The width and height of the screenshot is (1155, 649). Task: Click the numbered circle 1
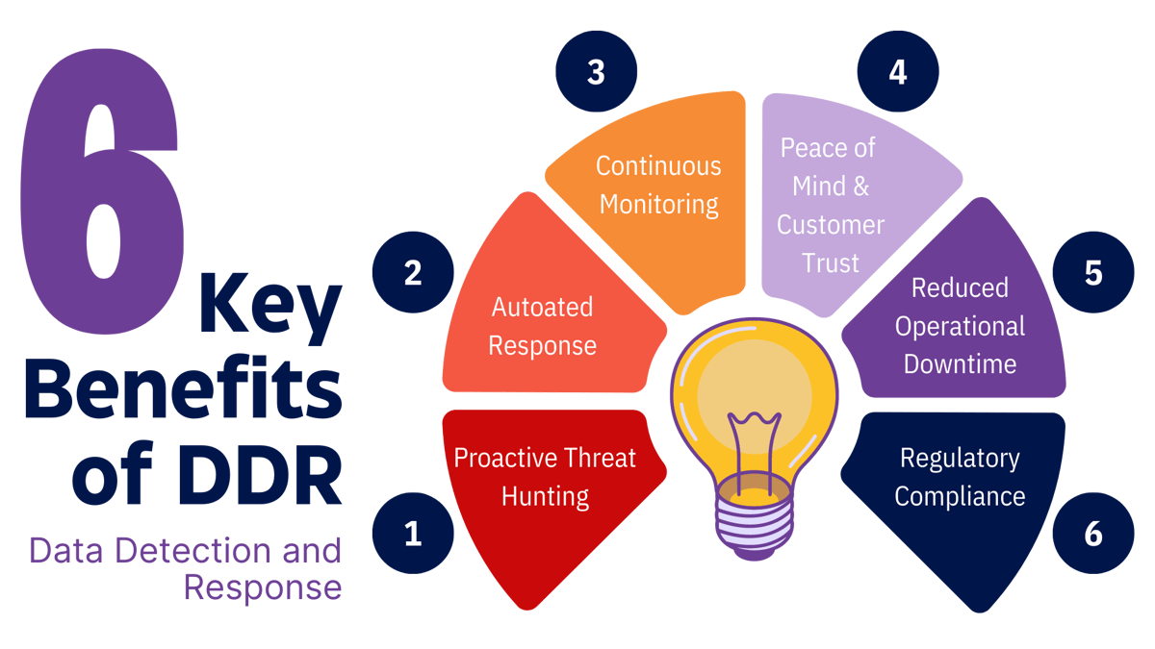click(413, 533)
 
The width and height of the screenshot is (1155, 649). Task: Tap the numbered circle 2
click(413, 273)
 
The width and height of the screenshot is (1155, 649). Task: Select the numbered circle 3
click(596, 72)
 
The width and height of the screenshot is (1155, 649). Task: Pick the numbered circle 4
click(897, 72)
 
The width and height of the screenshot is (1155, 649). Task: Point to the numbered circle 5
click(1092, 273)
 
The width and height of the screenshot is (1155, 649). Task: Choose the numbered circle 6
click(1092, 533)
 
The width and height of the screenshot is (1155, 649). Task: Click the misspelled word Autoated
click(542, 308)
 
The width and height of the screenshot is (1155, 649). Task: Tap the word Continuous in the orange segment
click(658, 165)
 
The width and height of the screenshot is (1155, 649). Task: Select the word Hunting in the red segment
click(545, 496)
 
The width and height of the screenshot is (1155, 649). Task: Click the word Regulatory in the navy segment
click(959, 458)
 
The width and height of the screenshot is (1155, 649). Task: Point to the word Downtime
click(960, 364)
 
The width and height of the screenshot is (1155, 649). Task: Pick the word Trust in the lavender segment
click(830, 262)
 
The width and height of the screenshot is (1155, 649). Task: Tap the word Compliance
click(959, 496)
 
